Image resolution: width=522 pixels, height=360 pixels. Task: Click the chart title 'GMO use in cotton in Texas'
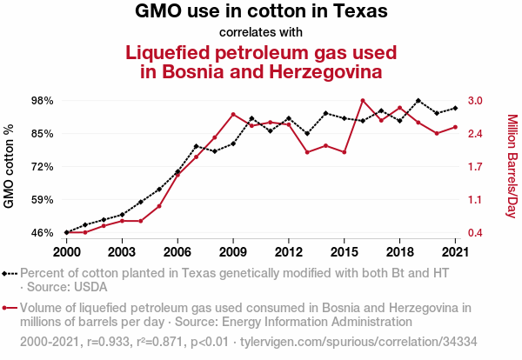(x=261, y=12)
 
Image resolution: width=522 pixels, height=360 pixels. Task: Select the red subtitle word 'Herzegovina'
(x=318, y=70)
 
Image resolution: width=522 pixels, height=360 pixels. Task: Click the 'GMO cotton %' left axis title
(x=10, y=166)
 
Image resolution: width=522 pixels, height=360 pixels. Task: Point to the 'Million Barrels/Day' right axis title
(x=512, y=166)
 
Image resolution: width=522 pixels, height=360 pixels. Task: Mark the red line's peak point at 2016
(x=363, y=101)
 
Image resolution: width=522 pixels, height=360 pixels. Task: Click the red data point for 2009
(x=233, y=114)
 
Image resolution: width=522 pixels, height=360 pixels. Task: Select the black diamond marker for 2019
(x=418, y=101)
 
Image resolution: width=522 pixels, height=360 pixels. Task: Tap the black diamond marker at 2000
(x=67, y=232)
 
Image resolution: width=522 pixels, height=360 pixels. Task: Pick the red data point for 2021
(x=455, y=127)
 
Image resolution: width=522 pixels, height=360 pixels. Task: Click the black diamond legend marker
(x=10, y=273)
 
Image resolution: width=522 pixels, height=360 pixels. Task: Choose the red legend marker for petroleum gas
(x=10, y=307)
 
